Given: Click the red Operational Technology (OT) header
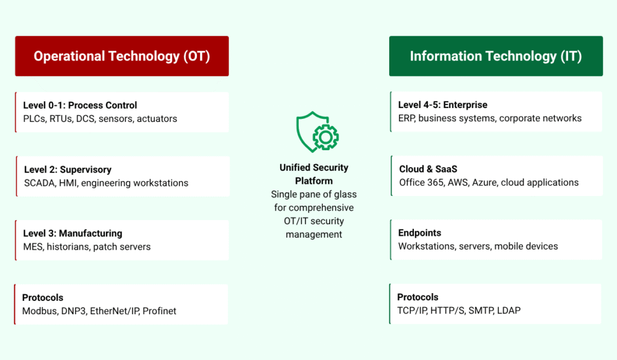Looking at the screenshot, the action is tap(122, 56).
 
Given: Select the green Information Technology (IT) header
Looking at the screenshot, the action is tap(496, 56).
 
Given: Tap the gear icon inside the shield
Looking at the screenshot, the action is tap(325, 137).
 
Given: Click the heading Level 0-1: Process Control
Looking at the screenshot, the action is tap(80, 105).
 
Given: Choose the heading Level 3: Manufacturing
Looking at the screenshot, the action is tap(73, 233).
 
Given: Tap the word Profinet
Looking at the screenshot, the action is tap(159, 311).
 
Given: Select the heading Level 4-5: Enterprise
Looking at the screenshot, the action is tap(443, 105).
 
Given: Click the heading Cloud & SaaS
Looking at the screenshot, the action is tap(428, 169).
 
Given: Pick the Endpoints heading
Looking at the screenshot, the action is tap(419, 233).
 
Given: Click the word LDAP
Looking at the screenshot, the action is tap(509, 311).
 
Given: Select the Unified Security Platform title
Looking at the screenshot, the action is tap(314, 174).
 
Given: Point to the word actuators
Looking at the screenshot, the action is tap(157, 119).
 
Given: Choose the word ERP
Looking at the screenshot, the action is tap(407, 118).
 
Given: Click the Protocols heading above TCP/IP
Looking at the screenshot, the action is tap(418, 297).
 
